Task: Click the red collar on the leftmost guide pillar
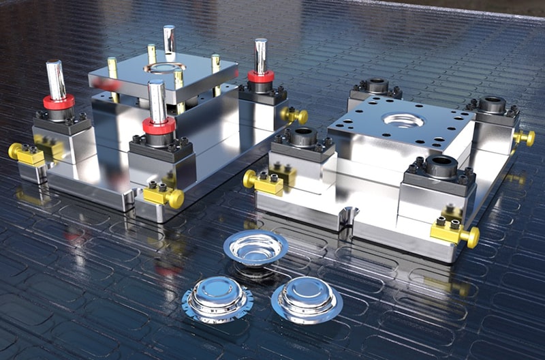pyautogui.click(x=59, y=102)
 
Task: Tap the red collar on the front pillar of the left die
pyautogui.click(x=159, y=125)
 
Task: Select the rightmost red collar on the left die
pyautogui.click(x=260, y=76)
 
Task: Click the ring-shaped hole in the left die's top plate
pyautogui.click(x=165, y=67)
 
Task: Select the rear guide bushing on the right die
pyautogui.click(x=375, y=87)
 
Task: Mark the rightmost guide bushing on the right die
pyautogui.click(x=491, y=105)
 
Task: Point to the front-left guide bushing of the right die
pyautogui.click(x=303, y=137)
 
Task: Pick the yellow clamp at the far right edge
pyautogui.click(x=523, y=137)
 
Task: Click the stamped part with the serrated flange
pyautogui.click(x=217, y=299)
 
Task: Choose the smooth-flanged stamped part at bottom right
pyautogui.click(x=307, y=301)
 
